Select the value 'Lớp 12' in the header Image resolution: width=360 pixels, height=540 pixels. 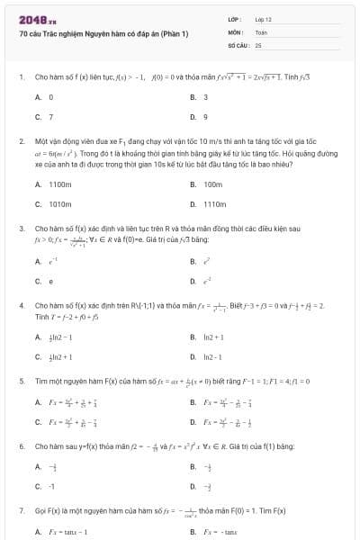pos(264,18)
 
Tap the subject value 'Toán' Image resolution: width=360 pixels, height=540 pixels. pos(261,31)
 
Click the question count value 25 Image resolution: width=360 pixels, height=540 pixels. pos(258,43)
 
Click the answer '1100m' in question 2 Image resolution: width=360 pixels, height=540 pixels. pos(59,184)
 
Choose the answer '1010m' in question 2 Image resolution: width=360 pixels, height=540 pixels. pos(59,203)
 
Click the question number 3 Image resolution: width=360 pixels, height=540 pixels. pos(21,229)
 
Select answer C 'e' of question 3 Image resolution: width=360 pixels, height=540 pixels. pos(50,281)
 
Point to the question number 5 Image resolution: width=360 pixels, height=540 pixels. pos(21,381)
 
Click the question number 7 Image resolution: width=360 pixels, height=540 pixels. pos(21,510)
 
